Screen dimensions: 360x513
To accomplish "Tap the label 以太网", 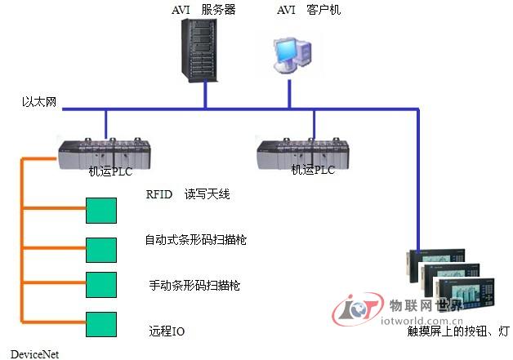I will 38,103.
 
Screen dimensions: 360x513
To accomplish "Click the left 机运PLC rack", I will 106,153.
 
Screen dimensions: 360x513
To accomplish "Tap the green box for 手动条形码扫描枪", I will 102,283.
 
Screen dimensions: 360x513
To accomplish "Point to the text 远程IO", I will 167,331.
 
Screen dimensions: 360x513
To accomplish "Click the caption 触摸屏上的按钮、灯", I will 458,332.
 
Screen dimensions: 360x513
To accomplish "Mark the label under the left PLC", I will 110,171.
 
